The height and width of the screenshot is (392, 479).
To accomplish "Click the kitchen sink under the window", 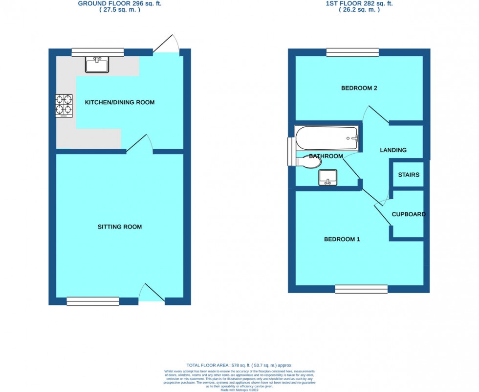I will click(x=97, y=64).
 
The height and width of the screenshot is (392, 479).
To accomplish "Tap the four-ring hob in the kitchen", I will click(x=64, y=106).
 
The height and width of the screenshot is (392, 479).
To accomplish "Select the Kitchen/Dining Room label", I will click(x=120, y=102).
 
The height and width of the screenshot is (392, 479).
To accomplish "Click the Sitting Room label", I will click(x=120, y=227).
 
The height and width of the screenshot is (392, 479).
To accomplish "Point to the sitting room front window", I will click(x=93, y=301).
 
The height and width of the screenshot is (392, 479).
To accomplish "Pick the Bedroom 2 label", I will click(x=359, y=88).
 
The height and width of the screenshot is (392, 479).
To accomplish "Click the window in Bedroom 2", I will click(x=352, y=52).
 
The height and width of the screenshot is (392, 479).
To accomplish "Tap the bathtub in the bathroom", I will click(x=327, y=138).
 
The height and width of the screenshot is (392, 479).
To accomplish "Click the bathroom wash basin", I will click(x=327, y=178).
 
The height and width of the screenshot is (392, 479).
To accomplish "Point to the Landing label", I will click(x=393, y=150).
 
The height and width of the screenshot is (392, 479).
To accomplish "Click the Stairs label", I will click(x=408, y=175).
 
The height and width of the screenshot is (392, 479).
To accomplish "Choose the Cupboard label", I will click(x=408, y=214).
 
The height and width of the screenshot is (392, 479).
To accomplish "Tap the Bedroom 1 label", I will click(x=342, y=239).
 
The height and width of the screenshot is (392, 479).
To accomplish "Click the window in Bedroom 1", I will click(x=361, y=289).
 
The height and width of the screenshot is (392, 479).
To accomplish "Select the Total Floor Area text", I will click(x=239, y=365).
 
